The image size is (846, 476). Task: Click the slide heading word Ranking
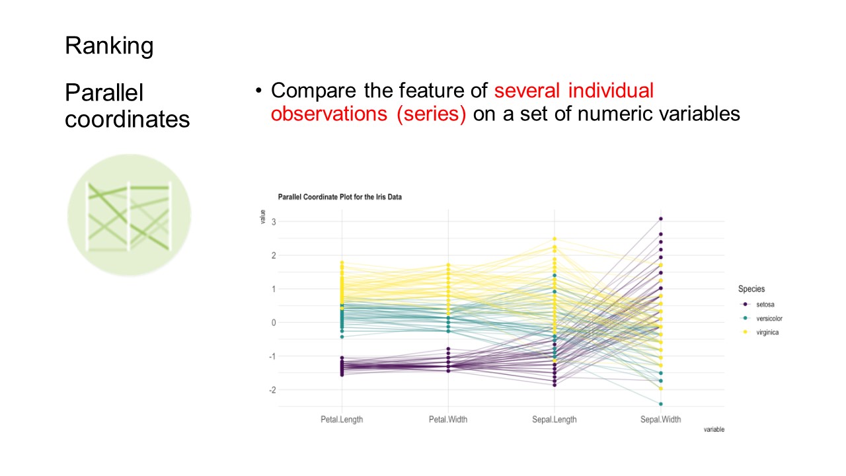click(x=109, y=46)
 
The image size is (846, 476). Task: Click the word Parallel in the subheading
click(x=104, y=93)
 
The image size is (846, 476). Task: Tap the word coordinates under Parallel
click(x=127, y=120)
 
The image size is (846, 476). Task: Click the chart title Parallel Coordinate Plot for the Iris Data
click(x=340, y=197)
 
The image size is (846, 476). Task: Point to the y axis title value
click(x=263, y=217)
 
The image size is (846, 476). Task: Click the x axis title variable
click(x=714, y=430)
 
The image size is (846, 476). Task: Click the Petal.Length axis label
click(x=342, y=419)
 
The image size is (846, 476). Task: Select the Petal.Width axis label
click(x=448, y=419)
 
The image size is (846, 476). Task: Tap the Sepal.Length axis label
click(x=555, y=419)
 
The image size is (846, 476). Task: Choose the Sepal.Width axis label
click(x=660, y=419)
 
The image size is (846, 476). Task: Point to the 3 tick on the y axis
click(x=272, y=221)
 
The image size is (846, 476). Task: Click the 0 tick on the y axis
click(x=272, y=323)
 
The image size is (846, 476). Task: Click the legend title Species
click(x=751, y=289)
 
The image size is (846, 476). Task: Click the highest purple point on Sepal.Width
click(x=660, y=219)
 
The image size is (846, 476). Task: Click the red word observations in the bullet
click(x=330, y=114)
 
